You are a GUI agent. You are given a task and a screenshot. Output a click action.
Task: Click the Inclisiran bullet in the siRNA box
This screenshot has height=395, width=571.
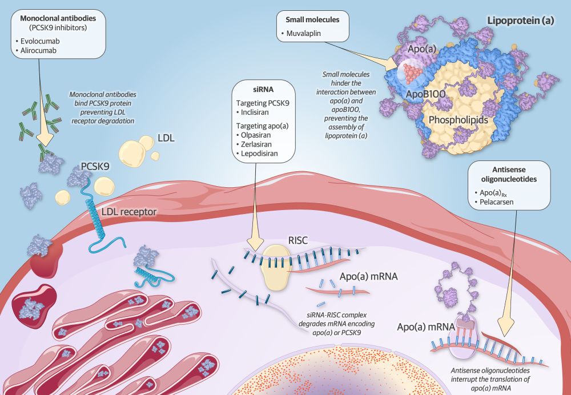pos(260,113)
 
